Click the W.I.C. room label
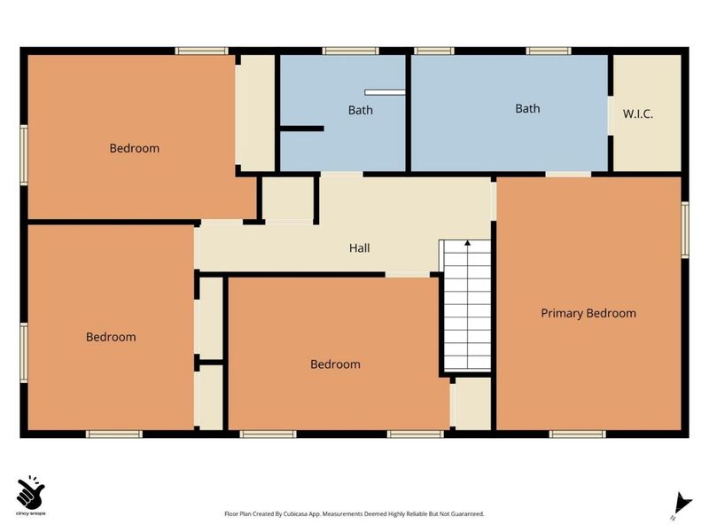pos(637,114)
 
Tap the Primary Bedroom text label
pos(588,314)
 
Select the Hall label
pos(360,248)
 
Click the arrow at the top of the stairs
pos(468,243)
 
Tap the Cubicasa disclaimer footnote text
pos(354,514)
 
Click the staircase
pos(467,306)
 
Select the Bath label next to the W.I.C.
pos(527,108)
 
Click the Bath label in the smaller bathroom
pos(361,110)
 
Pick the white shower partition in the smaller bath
pos(385,92)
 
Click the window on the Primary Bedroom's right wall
pos(685,230)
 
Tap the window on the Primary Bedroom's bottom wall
pos(578,434)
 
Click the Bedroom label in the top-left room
pos(135,148)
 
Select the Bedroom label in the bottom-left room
pos(111,337)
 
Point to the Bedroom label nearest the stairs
pos(335,364)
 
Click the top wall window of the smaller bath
pos(350,51)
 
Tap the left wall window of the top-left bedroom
pos(24,154)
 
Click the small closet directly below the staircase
pos(472,403)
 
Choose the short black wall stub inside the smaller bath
pos(302,129)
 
